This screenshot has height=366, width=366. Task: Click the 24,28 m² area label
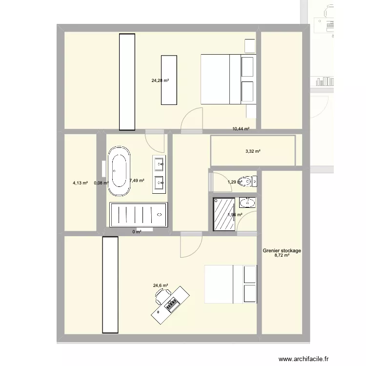(x=160, y=81)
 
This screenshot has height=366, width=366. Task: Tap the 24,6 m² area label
(x=161, y=285)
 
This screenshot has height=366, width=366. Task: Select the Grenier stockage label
(x=282, y=251)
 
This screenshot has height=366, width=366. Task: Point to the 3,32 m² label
(x=253, y=151)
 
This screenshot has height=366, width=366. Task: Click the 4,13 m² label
(x=80, y=183)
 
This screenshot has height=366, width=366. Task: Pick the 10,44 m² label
(x=241, y=129)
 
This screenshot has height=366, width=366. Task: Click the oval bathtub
(x=119, y=172)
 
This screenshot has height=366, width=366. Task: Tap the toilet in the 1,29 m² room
(x=249, y=182)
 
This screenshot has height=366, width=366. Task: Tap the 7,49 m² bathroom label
(x=137, y=181)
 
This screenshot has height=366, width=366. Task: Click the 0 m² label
(x=137, y=232)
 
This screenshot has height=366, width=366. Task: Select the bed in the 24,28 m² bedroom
(x=228, y=79)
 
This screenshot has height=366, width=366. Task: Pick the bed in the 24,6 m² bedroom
(x=230, y=284)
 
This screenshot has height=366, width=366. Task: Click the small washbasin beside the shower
(x=248, y=202)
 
